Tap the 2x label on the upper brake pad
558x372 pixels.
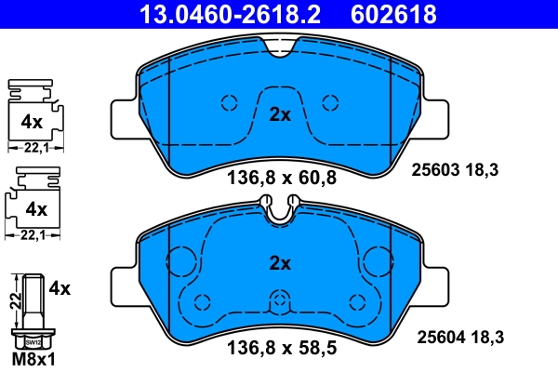pos(280,115)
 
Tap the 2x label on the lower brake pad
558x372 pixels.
pos(280,263)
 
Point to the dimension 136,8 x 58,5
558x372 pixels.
pos(279,351)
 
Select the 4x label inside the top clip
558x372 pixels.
pos(33,122)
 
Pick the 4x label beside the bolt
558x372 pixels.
pos(60,288)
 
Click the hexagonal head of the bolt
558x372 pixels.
pos(33,339)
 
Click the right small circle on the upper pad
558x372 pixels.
pos(328,102)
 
